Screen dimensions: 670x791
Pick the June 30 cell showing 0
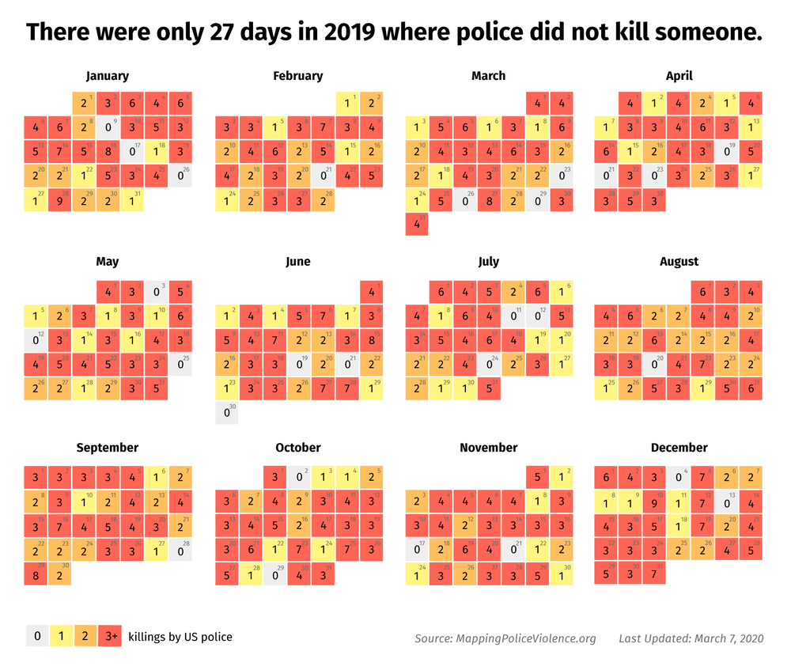pos(226,412)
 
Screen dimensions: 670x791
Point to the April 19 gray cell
pos(726,151)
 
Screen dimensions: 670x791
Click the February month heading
pos(297,76)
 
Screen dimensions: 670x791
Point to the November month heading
pos(488,448)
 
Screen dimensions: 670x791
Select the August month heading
pos(679,262)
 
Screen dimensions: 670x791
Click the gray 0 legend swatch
pos(37,636)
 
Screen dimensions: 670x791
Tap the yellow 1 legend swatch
pos(61,636)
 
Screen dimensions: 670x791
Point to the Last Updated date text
pos(691,638)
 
